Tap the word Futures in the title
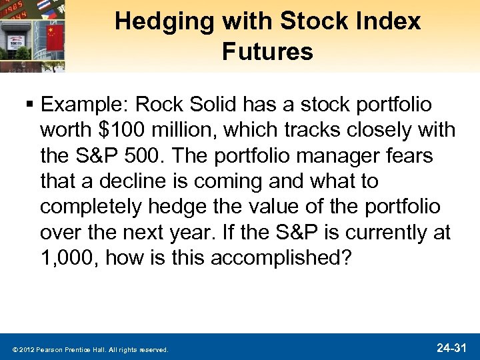267,51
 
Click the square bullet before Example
31,106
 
